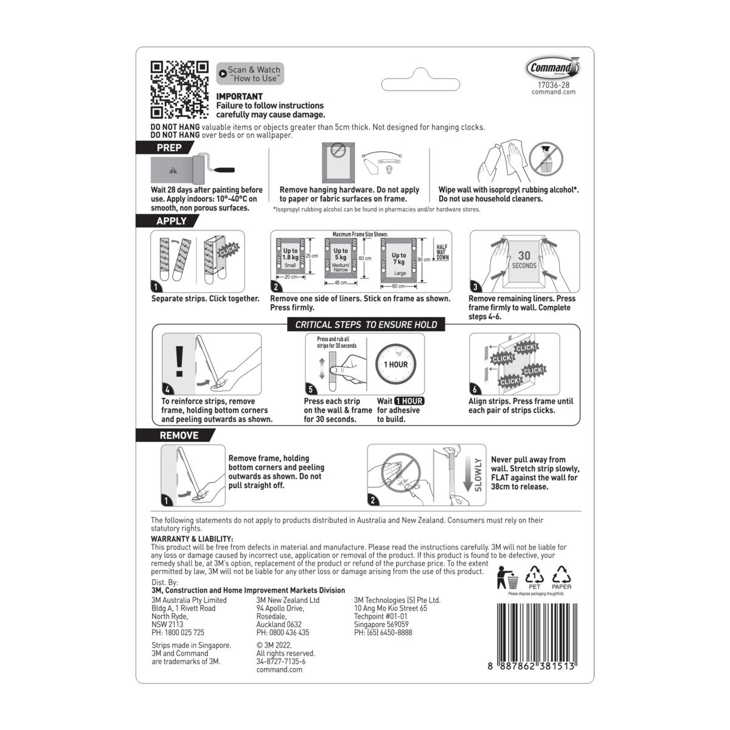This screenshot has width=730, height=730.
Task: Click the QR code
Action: [x=179, y=90]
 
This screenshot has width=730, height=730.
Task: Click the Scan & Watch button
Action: [x=249, y=74]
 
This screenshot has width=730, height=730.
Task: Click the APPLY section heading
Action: [x=171, y=221]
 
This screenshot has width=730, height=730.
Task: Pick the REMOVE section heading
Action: [x=178, y=436]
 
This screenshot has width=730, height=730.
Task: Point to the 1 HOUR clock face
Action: [x=395, y=364]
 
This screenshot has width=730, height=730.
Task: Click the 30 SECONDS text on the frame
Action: [x=524, y=260]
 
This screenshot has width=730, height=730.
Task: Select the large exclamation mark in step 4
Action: [x=179, y=363]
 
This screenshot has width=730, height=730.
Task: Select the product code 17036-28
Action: [x=553, y=85]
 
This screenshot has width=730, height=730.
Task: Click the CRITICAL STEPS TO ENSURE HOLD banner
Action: [x=366, y=325]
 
